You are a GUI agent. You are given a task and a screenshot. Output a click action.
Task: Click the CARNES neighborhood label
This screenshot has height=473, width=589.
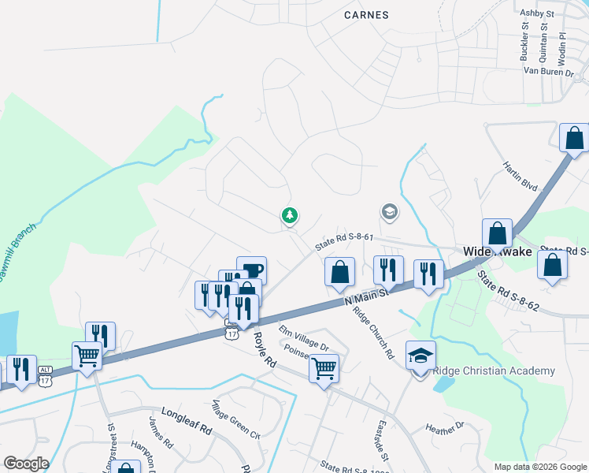coord(367,14)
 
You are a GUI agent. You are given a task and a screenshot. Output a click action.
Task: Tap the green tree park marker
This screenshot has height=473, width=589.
coord(291,215)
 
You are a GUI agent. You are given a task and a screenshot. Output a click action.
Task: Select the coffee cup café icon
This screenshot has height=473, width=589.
coord(251,270)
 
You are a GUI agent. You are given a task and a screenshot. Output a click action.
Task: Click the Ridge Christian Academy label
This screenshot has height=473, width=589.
coord(494,371)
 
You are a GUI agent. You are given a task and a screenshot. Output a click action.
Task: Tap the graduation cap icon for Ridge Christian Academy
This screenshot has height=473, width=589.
coord(420,356)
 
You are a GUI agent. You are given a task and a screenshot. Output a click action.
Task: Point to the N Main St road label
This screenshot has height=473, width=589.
coord(367,297)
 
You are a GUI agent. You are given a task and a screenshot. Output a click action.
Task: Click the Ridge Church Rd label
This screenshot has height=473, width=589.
coord(373,330)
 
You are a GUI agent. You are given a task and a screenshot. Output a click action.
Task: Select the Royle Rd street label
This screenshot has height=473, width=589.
coord(265,350)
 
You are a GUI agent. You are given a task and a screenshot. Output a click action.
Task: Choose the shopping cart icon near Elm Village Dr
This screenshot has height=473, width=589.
coord(324,367)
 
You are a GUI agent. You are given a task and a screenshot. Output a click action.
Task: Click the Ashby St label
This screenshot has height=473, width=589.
coord(539,13)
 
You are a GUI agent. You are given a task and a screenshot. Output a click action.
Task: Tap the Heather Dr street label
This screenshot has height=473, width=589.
coord(446,428)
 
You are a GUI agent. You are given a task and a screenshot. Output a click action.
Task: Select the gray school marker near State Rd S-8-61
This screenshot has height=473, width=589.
coord(388,211)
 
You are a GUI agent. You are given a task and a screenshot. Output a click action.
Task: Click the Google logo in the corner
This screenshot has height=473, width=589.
coord(26,464)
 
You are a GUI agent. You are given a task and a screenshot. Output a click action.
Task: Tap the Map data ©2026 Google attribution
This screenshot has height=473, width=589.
coord(539,467)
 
